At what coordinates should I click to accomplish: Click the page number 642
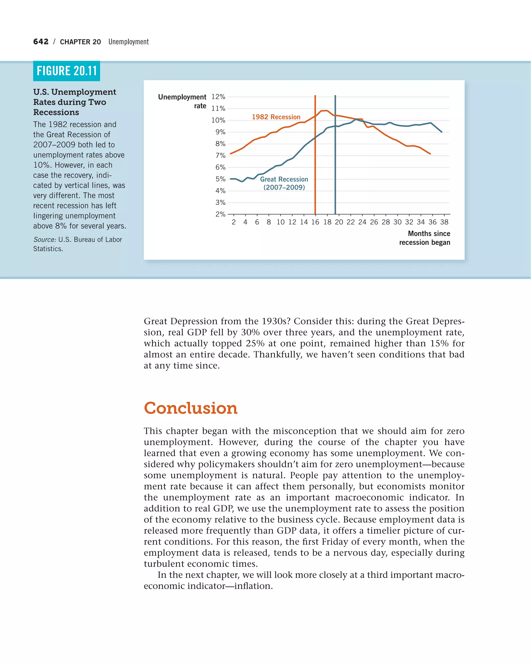point(41,41)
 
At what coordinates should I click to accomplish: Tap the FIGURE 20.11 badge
point(66,71)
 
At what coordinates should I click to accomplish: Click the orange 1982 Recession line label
point(276,117)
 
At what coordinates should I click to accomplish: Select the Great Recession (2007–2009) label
point(284,183)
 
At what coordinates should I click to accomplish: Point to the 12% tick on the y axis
point(218,97)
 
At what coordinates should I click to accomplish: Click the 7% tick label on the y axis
point(220,156)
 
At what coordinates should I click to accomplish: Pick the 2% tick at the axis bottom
point(220,214)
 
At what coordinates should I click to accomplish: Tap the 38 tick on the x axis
point(444,222)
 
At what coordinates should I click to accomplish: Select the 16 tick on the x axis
point(315,222)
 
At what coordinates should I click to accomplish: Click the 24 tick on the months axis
point(362,222)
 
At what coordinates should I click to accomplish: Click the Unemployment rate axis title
point(182,101)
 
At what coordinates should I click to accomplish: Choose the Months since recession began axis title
point(424,238)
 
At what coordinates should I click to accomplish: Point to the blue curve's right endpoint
point(442,132)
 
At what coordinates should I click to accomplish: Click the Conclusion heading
point(191,408)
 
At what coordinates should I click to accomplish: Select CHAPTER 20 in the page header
point(80,42)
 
